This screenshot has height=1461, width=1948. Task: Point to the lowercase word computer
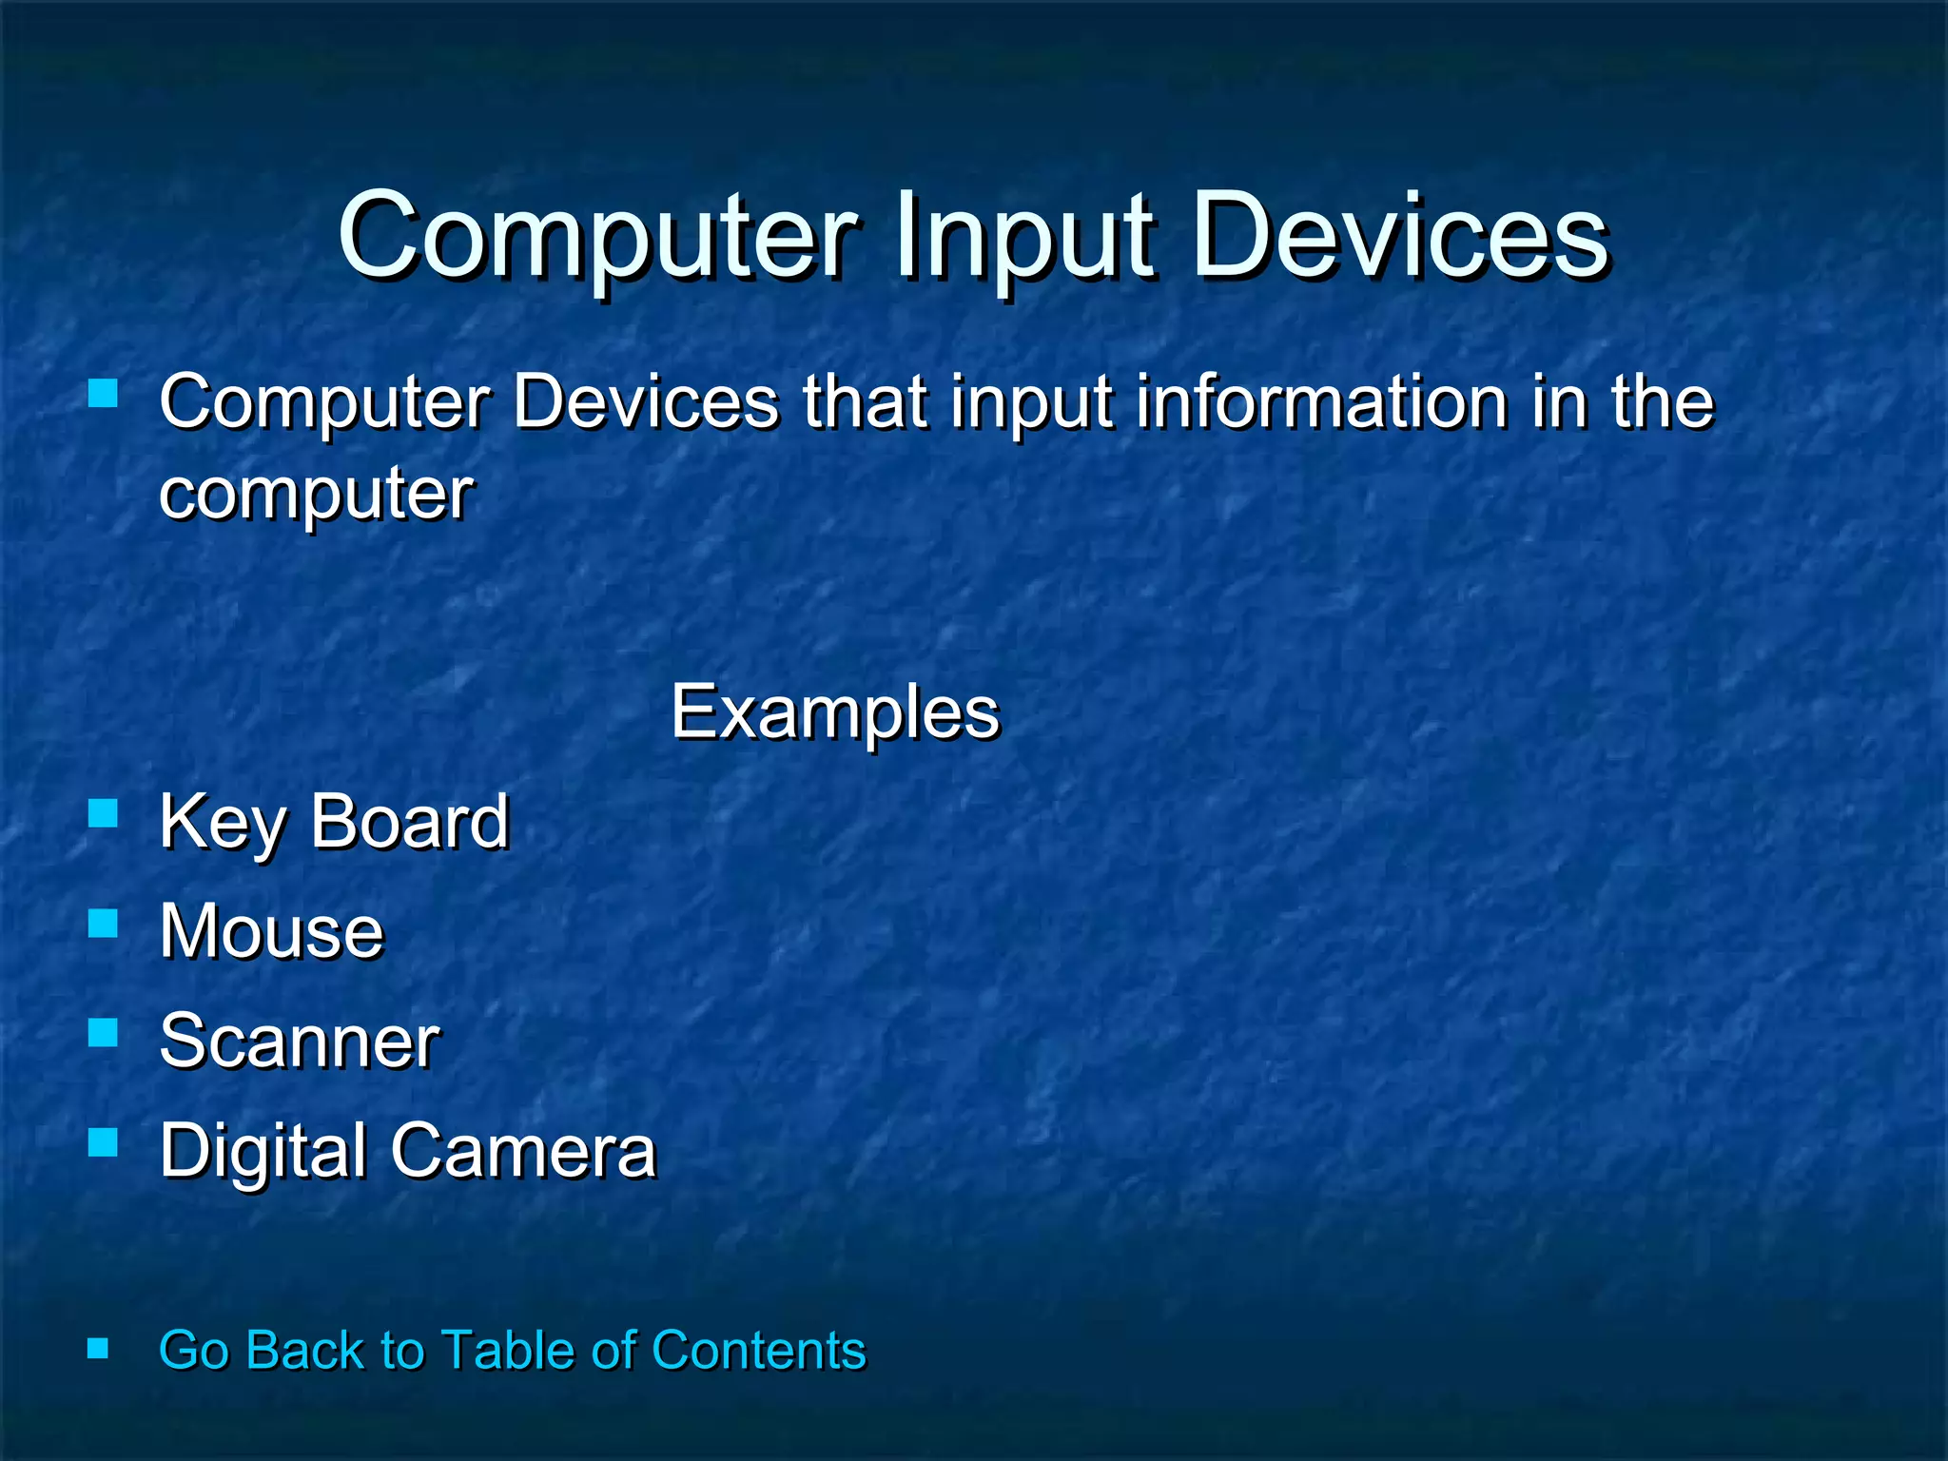click(x=316, y=495)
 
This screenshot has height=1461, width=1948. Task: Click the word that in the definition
click(x=865, y=402)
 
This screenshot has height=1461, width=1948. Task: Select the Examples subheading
click(x=835, y=713)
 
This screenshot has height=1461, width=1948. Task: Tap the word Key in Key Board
click(x=223, y=824)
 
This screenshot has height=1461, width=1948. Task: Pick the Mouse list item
click(x=271, y=931)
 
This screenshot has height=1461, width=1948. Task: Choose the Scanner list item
click(x=299, y=1041)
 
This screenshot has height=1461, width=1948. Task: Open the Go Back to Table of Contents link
click(x=512, y=1350)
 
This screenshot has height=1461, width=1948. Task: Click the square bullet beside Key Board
click(x=103, y=814)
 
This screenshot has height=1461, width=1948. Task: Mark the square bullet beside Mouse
click(x=103, y=924)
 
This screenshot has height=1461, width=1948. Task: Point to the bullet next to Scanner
click(x=103, y=1033)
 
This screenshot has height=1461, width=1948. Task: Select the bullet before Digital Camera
click(x=103, y=1142)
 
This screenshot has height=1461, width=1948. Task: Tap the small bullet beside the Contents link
click(x=98, y=1348)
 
